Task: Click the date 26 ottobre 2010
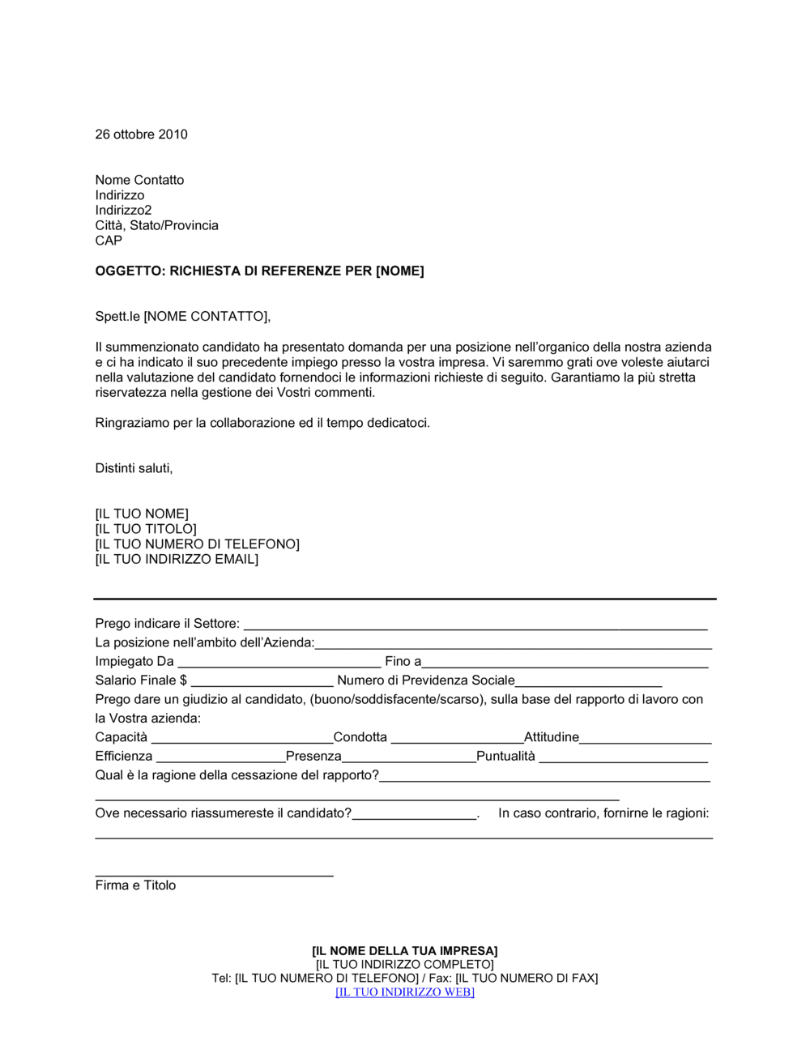pyautogui.click(x=141, y=134)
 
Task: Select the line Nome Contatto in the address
pyautogui.click(x=139, y=180)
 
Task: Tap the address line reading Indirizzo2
pyautogui.click(x=123, y=211)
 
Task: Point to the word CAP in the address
pyautogui.click(x=109, y=241)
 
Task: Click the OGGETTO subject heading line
pyautogui.click(x=259, y=271)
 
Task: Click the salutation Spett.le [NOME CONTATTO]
pyautogui.click(x=182, y=317)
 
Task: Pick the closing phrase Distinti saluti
pyautogui.click(x=134, y=468)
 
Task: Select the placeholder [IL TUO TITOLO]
pyautogui.click(x=146, y=529)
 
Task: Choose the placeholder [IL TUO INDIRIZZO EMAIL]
pyautogui.click(x=177, y=560)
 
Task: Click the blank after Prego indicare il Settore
pyautogui.click(x=475, y=625)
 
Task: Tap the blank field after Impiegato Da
pyautogui.click(x=279, y=663)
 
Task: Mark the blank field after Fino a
pyautogui.click(x=565, y=663)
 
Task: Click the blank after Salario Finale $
pyautogui.click(x=262, y=681)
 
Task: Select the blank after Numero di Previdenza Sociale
pyautogui.click(x=588, y=681)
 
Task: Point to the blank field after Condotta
pyautogui.click(x=457, y=738)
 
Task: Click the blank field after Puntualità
pyautogui.click(x=623, y=757)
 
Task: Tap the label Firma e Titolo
pyautogui.click(x=135, y=885)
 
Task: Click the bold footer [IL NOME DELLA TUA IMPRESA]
pyautogui.click(x=405, y=951)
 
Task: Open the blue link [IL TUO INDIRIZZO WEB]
pyautogui.click(x=405, y=992)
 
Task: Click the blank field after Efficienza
pyautogui.click(x=220, y=757)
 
